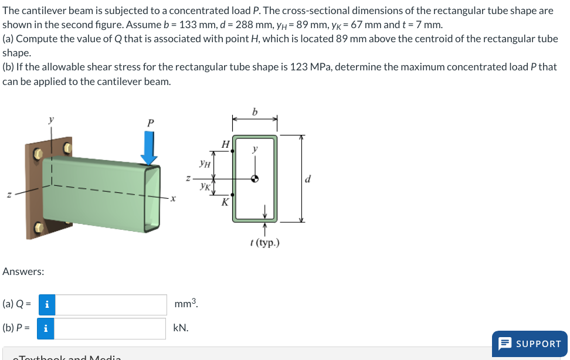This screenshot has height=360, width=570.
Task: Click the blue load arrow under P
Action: (x=150, y=148)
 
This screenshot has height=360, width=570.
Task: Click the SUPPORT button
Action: (x=530, y=344)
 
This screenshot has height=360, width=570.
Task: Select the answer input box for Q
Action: (x=111, y=304)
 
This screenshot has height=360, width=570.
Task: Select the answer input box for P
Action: (x=111, y=328)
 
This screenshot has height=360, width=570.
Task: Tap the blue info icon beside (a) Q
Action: (x=47, y=304)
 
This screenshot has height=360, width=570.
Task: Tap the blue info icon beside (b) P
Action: (x=46, y=328)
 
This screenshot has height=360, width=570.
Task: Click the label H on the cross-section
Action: (x=225, y=144)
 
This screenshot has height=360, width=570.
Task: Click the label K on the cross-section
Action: (x=225, y=203)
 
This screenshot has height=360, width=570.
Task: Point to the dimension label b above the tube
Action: (x=255, y=111)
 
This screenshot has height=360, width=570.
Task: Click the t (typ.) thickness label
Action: (x=264, y=242)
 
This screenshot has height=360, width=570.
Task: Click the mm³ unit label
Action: (x=186, y=304)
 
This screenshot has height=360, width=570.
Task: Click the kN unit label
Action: (x=181, y=328)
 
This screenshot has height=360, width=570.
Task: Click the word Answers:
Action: (x=23, y=271)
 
